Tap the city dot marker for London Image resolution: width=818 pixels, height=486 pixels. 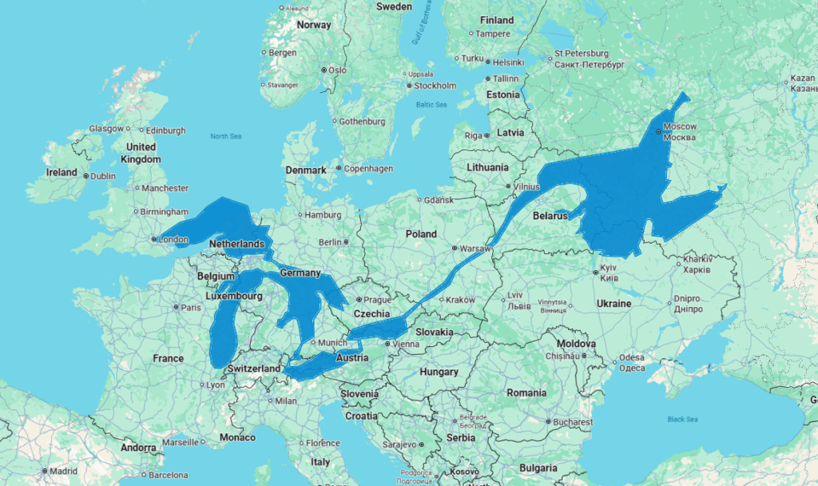coord(154,238)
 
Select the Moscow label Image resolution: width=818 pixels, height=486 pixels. coord(680,126)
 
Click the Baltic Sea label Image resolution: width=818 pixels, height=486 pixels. coord(431,105)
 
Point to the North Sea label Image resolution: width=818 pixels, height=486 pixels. coord(225,137)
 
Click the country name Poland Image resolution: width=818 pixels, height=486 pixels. coord(421,234)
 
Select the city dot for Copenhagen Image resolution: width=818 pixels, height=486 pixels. coord(339,169)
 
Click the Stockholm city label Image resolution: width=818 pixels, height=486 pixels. coord(435,86)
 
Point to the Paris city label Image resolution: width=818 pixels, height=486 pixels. coord(190,307)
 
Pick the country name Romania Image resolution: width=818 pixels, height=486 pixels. coord(526,392)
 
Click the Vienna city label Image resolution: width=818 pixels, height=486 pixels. coord(406,344)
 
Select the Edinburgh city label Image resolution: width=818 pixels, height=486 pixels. coord(166,130)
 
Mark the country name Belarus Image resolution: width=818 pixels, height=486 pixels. coord(550,216)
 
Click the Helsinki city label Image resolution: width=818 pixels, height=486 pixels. coord(508,62)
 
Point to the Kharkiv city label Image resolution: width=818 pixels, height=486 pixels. coord(697,259)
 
